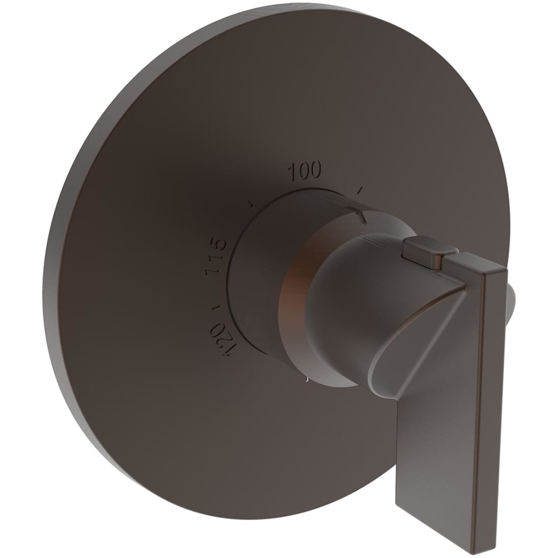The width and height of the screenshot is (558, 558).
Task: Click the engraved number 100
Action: click(x=305, y=170)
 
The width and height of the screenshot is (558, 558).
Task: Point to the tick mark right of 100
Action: click(x=360, y=190)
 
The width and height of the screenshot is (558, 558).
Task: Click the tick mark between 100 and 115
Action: click(x=252, y=201)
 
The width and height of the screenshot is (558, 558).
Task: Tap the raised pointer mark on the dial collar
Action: click(x=357, y=213)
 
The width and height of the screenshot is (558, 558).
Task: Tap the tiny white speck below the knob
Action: click(x=307, y=380)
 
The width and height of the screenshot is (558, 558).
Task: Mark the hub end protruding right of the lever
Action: click(x=512, y=301)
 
